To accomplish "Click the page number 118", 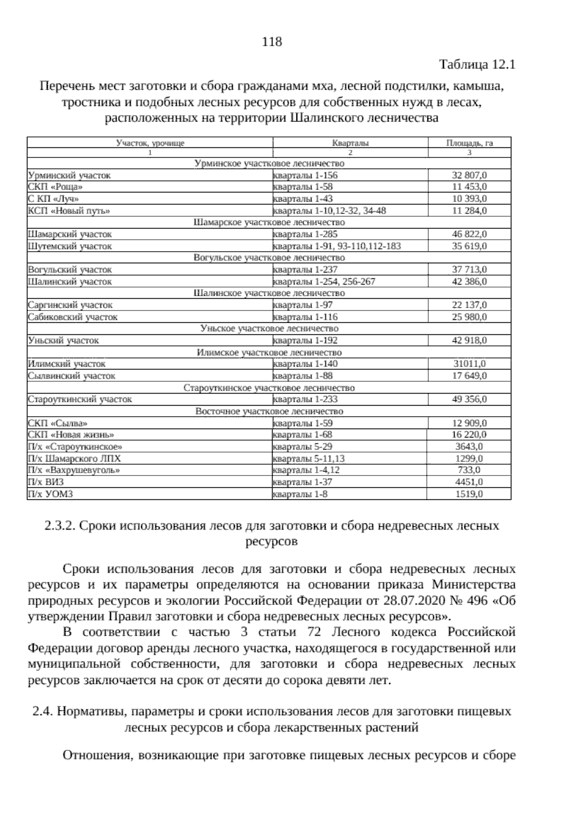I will coord(272,42).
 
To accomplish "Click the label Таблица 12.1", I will coord(478,64).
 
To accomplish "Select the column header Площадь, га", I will coord(469,143).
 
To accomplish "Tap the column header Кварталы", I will coord(350,143).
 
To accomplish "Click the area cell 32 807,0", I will coord(469,175).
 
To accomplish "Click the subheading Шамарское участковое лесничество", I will coord(269,222).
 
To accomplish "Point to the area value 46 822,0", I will coord(469,234).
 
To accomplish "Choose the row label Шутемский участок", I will coord(70,246).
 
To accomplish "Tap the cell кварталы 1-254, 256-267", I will coord(324,282).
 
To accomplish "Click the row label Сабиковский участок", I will coord(73,317).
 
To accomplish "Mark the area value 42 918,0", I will coord(469,340).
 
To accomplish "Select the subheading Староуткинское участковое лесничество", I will coord(269,388).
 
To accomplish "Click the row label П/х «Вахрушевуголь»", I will coord(74,470).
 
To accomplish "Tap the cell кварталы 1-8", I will coord(300,494).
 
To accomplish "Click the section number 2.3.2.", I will coord(59,526).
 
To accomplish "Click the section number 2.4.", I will coord(42,711).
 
